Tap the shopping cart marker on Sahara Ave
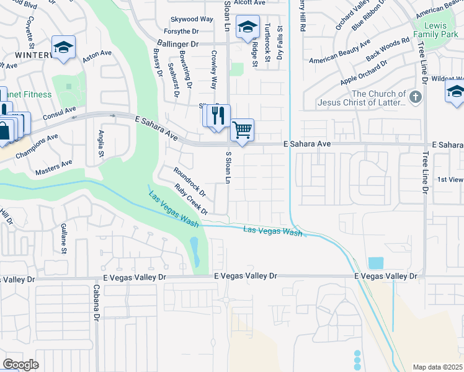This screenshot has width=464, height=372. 243,130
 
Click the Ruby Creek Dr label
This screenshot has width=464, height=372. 190,200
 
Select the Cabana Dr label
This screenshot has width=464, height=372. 97,303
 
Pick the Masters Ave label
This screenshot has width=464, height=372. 54,167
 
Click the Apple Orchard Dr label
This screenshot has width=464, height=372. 364,73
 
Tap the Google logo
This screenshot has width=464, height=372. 20,365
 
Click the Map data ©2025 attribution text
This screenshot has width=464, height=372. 437,367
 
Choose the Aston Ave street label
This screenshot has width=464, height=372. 97,55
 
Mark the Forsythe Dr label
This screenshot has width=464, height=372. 182,31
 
